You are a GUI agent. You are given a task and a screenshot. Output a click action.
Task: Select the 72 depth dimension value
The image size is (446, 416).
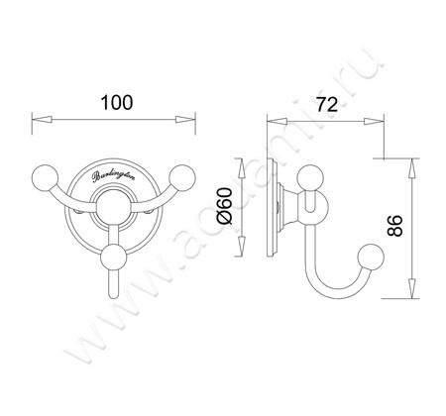click(x=321, y=104)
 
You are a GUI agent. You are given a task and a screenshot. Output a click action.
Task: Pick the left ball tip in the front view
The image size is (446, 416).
click(x=47, y=178)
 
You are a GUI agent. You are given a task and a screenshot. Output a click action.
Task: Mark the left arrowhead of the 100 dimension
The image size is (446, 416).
click(x=39, y=120)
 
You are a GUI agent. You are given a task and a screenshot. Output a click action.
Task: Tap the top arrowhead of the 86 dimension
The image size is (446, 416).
click(x=406, y=159)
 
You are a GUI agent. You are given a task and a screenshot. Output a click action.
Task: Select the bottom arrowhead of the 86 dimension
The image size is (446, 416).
click(x=406, y=299)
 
